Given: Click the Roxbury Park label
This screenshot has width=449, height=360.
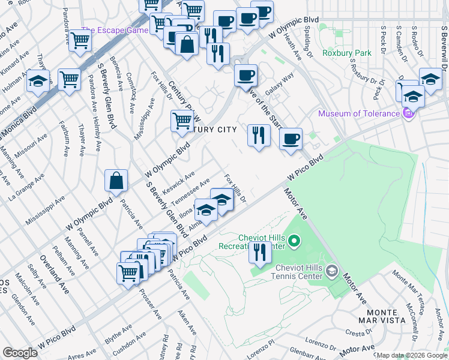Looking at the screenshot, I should pyautogui.click(x=346, y=53).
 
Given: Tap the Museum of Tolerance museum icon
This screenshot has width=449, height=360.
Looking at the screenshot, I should pyautogui.click(x=408, y=113).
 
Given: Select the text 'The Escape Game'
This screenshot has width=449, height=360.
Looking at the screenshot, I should pyautogui.click(x=115, y=31).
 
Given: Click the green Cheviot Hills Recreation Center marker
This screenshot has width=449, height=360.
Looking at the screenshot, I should pyautogui.click(x=294, y=242).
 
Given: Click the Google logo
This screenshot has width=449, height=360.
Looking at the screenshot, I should pyautogui.click(x=20, y=353).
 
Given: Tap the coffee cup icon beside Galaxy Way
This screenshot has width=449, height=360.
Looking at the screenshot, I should pyautogui.click(x=245, y=76).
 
